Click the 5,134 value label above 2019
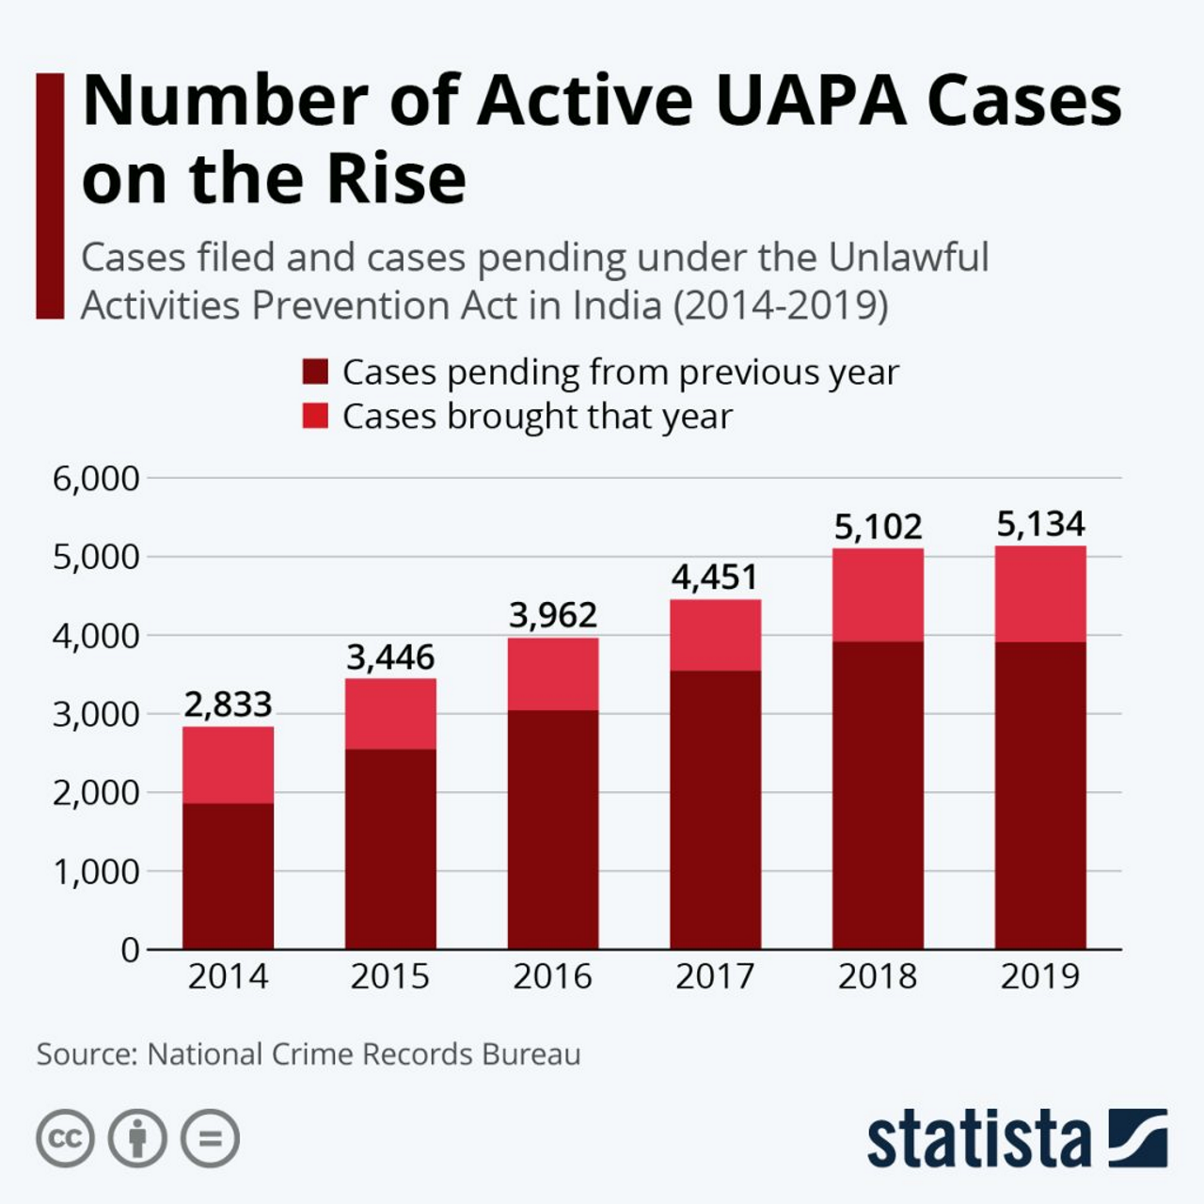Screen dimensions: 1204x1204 1040,524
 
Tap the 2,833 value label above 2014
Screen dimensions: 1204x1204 228,704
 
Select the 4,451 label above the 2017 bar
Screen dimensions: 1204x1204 715,577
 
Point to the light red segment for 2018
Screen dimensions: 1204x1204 878,594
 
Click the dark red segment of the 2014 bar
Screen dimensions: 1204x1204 228,876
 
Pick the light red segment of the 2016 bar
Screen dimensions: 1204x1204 553,673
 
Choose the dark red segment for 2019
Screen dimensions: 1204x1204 1040,795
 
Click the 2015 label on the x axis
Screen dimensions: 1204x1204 389,976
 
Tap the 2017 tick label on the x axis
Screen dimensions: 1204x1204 715,976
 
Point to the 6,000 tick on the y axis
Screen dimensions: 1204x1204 96,479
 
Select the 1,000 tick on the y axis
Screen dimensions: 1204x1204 96,872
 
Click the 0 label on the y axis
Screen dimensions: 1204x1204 130,950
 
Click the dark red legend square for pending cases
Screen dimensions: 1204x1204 315,372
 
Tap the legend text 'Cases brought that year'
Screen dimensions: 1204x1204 536,416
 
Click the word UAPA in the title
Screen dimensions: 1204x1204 810,100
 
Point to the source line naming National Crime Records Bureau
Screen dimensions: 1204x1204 309,1053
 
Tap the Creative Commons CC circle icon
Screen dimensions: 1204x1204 65,1139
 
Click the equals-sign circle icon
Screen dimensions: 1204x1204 210,1139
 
